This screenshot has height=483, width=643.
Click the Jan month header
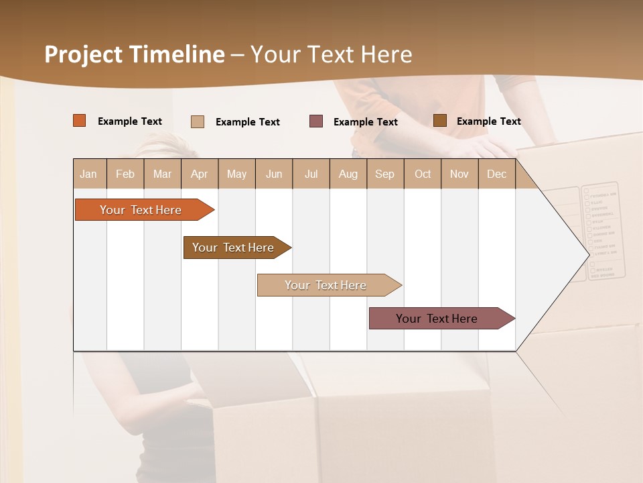pyautogui.click(x=88, y=174)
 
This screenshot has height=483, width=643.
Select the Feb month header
pyautogui.click(x=125, y=174)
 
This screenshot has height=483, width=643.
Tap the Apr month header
pyautogui.click(x=199, y=174)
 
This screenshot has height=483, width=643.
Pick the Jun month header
pyautogui.click(x=274, y=174)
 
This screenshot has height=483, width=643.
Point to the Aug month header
pyautogui.click(x=348, y=174)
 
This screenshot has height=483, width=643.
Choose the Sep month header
pyautogui.click(x=384, y=174)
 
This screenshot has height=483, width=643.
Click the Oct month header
pyautogui.click(x=423, y=174)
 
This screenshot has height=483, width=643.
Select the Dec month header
pyautogui.click(x=496, y=174)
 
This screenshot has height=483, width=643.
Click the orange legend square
pyautogui.click(x=80, y=121)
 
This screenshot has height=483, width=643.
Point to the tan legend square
pyautogui.click(x=198, y=121)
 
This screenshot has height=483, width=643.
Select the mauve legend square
pyautogui.click(x=316, y=121)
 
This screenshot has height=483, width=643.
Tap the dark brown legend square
pyautogui.click(x=440, y=121)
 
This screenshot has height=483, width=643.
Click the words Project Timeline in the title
pyautogui.click(x=135, y=54)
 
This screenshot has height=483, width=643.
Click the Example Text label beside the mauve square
pyautogui.click(x=366, y=122)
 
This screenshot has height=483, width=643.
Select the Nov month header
pyautogui.click(x=459, y=174)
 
